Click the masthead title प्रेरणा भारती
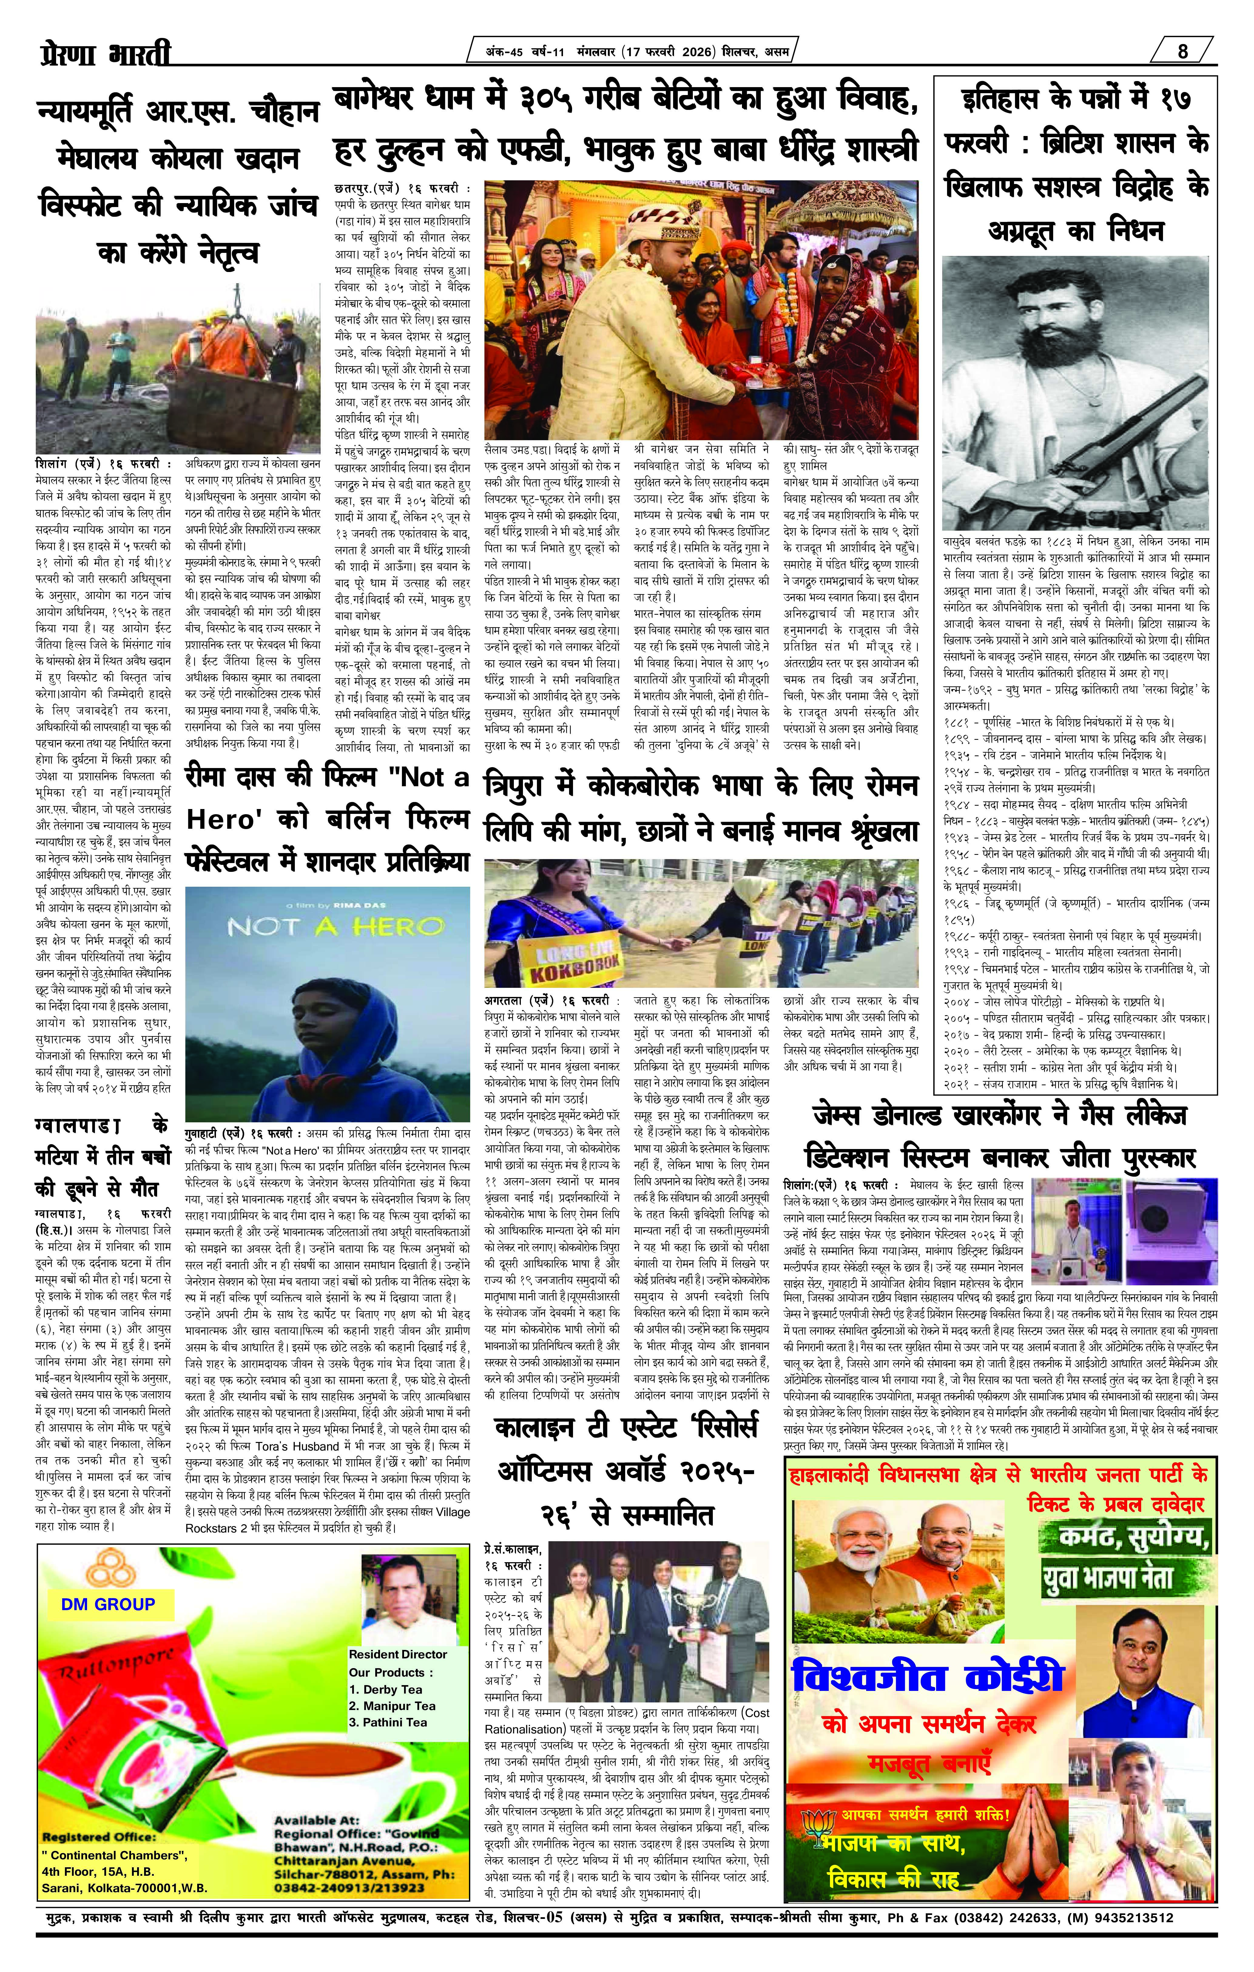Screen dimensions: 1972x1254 106,56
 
